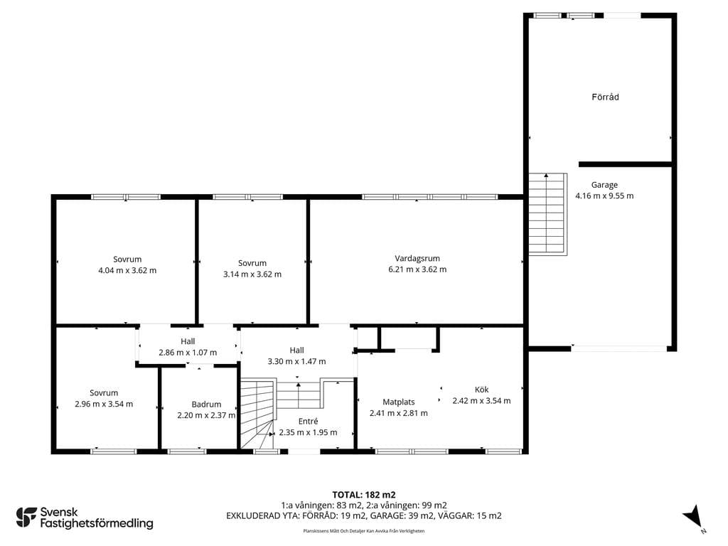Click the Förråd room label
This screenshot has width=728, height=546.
[605, 97]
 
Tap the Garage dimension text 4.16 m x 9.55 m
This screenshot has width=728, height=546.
[604, 196]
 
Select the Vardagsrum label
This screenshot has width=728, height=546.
[417, 259]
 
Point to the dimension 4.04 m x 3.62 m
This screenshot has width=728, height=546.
[127, 270]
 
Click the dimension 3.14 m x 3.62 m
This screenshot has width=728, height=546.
[252, 274]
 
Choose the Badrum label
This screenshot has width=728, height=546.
[206, 405]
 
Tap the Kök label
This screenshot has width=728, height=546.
[481, 390]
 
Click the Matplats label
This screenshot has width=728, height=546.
[398, 402]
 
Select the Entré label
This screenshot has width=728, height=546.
[308, 421]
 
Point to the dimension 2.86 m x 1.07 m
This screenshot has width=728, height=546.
[188, 353]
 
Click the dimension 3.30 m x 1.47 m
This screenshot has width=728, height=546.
[296, 361]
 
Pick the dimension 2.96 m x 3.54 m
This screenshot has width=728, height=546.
[104, 404]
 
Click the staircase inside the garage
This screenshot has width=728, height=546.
[548, 214]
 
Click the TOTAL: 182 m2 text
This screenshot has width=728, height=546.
[363, 495]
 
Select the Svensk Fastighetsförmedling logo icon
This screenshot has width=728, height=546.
[26, 518]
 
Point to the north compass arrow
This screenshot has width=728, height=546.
[692, 516]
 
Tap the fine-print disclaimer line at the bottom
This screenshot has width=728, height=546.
[363, 530]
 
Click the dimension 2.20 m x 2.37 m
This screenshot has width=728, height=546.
[206, 415]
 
